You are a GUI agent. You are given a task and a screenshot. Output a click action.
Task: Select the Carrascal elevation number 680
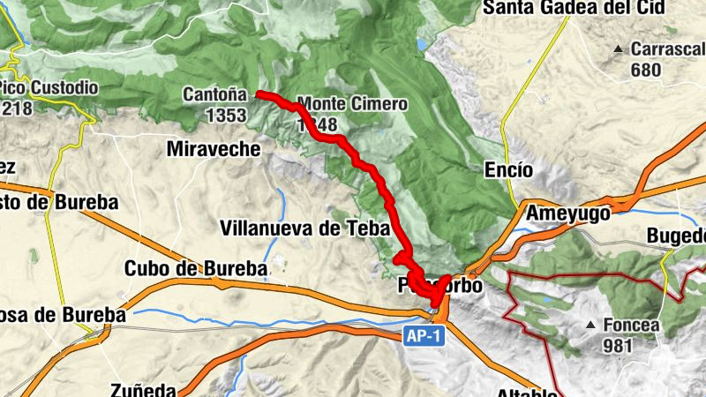(x=646, y=70)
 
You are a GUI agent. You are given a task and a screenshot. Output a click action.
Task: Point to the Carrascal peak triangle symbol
(x=619, y=49)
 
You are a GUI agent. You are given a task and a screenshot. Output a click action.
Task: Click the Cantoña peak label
(x=214, y=94)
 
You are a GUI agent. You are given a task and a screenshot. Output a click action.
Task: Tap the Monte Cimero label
(x=353, y=104)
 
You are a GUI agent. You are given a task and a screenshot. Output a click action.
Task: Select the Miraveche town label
(x=214, y=149)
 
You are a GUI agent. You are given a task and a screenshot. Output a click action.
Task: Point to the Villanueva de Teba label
(x=304, y=228)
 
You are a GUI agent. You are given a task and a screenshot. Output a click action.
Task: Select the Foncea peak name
(x=631, y=325)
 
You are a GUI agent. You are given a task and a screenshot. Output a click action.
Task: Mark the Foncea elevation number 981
(x=619, y=346)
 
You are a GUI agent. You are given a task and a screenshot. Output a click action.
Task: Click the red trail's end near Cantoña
(x=258, y=94)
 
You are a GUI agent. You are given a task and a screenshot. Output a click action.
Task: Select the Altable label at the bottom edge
(x=527, y=392)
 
